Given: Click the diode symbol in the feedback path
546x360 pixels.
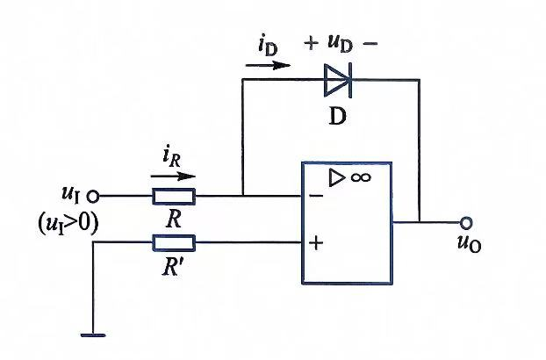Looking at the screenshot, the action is click(x=338, y=80).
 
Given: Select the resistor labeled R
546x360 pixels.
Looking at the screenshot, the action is click(x=174, y=197).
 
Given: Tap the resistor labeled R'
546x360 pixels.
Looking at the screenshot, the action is click(x=174, y=242).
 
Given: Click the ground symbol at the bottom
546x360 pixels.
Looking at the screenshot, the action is click(x=93, y=335).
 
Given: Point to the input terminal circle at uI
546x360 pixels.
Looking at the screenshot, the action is click(x=93, y=197).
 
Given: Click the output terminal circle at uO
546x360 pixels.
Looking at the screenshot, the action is click(x=466, y=222).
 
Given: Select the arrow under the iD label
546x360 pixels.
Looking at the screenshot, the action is click(x=268, y=66).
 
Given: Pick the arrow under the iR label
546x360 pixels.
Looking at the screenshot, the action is click(x=173, y=176).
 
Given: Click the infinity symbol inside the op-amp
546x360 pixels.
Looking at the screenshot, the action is click(x=361, y=177).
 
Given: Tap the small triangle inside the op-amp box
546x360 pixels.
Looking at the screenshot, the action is click(x=335, y=177).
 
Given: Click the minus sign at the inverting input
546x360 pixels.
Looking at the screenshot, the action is click(x=316, y=196).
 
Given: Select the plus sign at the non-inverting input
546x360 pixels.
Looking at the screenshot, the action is click(x=316, y=242).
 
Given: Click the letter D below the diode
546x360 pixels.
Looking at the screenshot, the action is click(x=337, y=116).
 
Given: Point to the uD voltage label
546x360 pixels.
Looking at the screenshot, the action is click(x=340, y=44).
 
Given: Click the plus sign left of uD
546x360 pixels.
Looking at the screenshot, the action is click(x=311, y=44).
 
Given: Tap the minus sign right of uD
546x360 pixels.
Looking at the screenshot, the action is click(x=370, y=44).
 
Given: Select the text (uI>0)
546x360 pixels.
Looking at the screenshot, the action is click(x=68, y=224).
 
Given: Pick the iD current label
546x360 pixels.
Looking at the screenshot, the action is click(x=268, y=46).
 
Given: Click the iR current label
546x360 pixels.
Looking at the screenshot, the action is click(x=172, y=157).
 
